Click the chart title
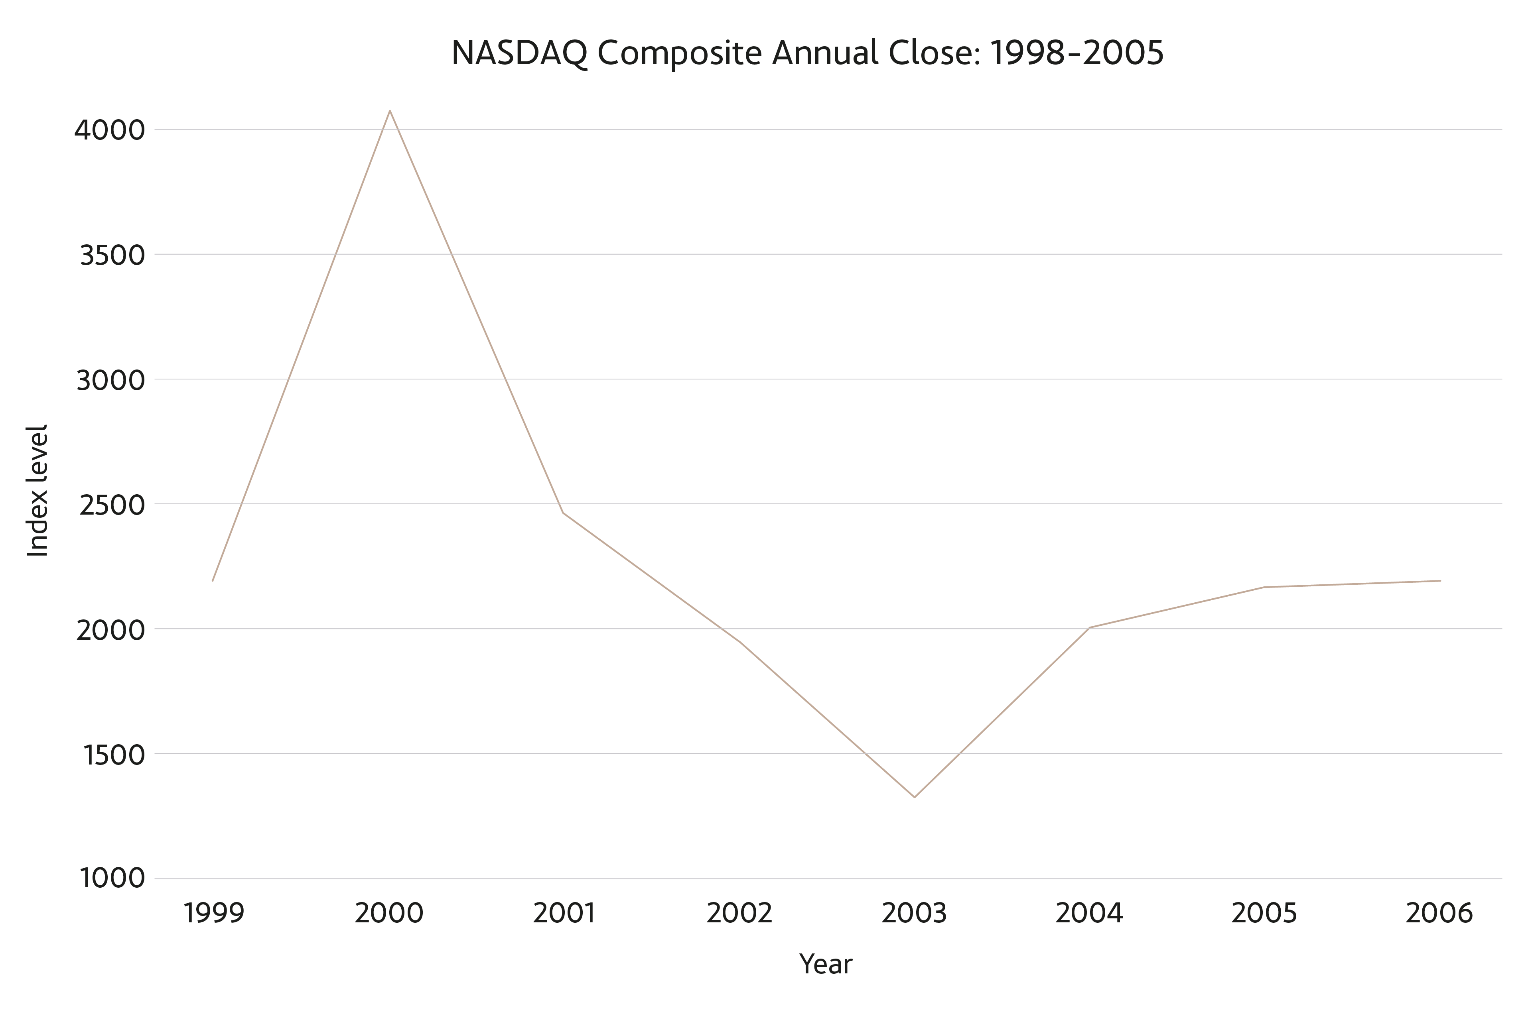click(x=807, y=53)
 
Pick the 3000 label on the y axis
click(x=101, y=380)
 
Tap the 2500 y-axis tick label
click(x=103, y=505)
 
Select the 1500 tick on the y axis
click(x=104, y=755)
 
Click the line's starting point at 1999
click(x=213, y=581)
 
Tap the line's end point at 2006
click(x=1440, y=581)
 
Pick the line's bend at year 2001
click(x=563, y=513)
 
